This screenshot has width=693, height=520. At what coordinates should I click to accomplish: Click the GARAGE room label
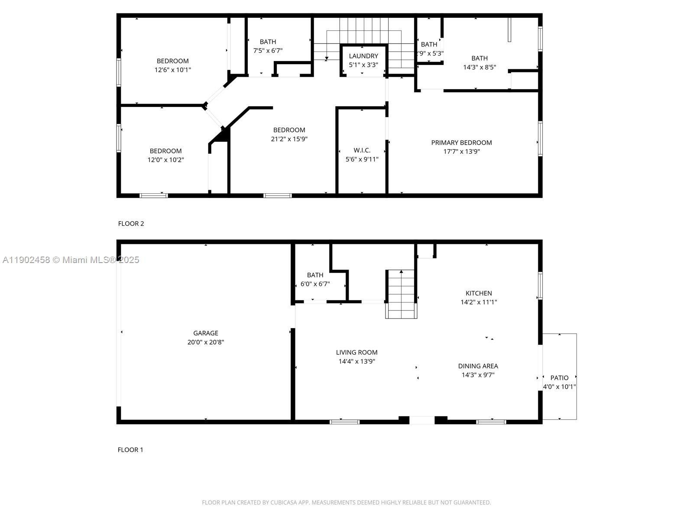pyautogui.click(x=206, y=333)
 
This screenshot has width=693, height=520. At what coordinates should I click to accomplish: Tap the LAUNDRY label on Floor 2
pyautogui.click(x=363, y=56)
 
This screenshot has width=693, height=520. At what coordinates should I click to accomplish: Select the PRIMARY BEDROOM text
pyautogui.click(x=461, y=143)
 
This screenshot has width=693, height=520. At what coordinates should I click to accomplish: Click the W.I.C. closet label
pyautogui.click(x=362, y=150)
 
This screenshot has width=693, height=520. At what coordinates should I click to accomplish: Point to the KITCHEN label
pyautogui.click(x=479, y=293)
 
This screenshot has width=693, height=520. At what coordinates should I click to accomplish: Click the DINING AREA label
pyautogui.click(x=478, y=366)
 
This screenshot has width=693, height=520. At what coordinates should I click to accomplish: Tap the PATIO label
pyautogui.click(x=559, y=378)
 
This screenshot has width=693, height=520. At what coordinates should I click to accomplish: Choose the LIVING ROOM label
pyautogui.click(x=356, y=352)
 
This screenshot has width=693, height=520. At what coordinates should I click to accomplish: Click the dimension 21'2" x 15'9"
pyautogui.click(x=289, y=139)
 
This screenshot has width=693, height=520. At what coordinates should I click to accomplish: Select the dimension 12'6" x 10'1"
pyautogui.click(x=172, y=70)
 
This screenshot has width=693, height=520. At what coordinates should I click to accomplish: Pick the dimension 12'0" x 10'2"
pyautogui.click(x=165, y=160)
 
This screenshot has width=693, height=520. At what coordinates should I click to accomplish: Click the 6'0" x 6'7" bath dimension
pyautogui.click(x=315, y=284)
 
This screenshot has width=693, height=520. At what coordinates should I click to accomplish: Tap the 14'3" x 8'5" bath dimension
pyautogui.click(x=479, y=67)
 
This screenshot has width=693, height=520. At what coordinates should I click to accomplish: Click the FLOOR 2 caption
pyautogui.click(x=131, y=224)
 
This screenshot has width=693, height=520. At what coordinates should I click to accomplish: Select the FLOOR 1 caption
pyautogui.click(x=130, y=450)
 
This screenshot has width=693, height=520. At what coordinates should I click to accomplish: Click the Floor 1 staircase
pyautogui.click(x=401, y=295)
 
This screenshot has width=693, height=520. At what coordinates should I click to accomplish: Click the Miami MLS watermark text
pyautogui.click(x=71, y=260)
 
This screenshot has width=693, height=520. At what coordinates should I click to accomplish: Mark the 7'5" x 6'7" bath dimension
pyautogui.click(x=268, y=51)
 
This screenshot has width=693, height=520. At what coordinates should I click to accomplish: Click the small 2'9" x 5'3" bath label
pyautogui.click(x=429, y=45)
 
